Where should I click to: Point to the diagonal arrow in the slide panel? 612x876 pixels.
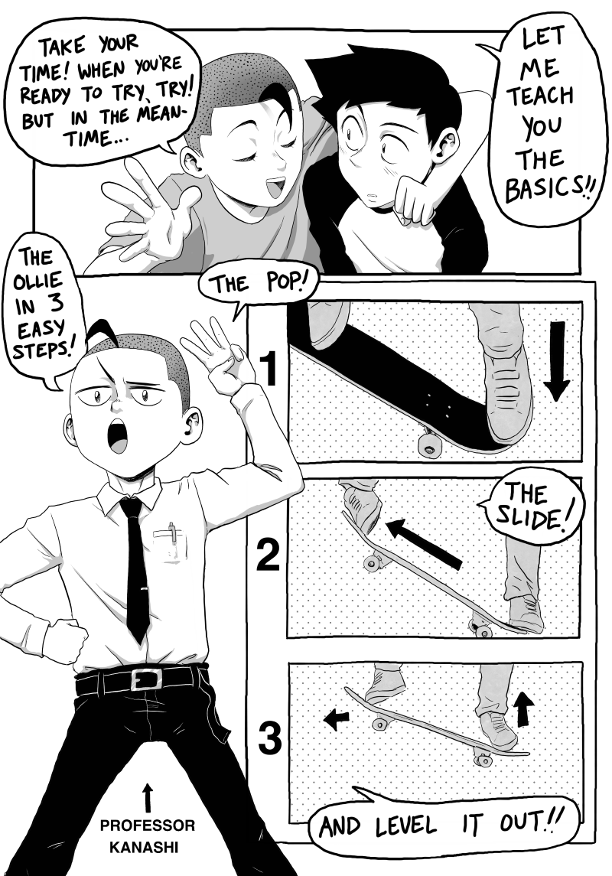(424, 544)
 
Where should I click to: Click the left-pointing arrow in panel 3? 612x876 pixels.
(336, 719)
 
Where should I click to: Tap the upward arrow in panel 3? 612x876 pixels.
(523, 708)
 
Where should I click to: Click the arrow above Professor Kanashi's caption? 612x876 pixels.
(148, 797)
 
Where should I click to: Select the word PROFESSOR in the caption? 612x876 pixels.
(148, 826)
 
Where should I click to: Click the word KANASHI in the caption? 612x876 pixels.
(144, 847)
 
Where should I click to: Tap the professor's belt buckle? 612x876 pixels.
(146, 680)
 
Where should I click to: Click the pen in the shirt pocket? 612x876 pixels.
(173, 532)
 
